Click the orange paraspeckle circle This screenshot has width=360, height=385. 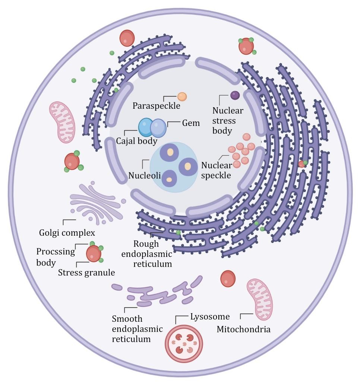[x=182, y=97]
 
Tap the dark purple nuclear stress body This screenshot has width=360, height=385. [x=235, y=95]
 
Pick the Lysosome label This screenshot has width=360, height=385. [x=210, y=317]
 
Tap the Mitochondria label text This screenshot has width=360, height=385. [x=244, y=329]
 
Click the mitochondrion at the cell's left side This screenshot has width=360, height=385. [x=62, y=122]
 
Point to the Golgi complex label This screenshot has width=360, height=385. [x=67, y=233]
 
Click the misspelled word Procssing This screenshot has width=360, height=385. [x=56, y=251]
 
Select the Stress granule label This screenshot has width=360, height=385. [x=86, y=273]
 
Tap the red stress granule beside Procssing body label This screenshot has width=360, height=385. [x=94, y=254]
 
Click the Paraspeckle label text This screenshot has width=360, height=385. [x=157, y=106]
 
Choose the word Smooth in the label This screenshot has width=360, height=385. [x=127, y=319]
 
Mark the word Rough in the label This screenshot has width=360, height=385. [x=146, y=244]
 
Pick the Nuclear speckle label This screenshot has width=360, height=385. [x=217, y=170]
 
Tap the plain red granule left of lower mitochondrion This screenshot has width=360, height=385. [x=228, y=279]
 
